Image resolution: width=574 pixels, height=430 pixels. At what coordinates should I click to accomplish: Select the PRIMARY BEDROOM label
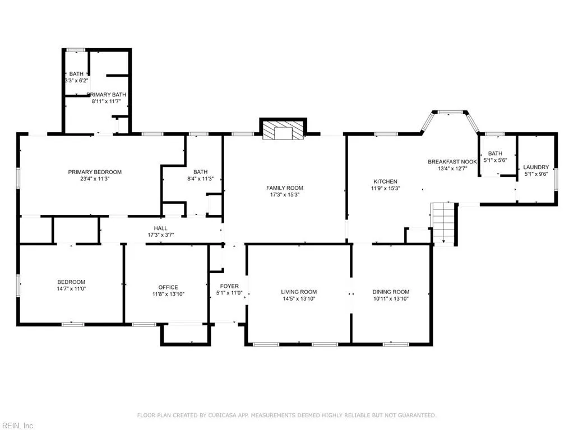pyautogui.click(x=95, y=172)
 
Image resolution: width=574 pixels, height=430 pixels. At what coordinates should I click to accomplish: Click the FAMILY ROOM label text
pyautogui.click(x=284, y=188)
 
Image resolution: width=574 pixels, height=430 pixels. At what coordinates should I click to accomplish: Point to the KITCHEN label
pyautogui.click(x=386, y=181)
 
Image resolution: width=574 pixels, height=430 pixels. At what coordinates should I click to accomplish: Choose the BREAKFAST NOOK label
pyautogui.click(x=452, y=162)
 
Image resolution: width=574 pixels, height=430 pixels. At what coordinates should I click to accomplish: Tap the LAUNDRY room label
pyautogui.click(x=536, y=167)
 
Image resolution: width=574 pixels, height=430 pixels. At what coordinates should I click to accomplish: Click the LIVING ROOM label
pyautogui.click(x=299, y=292)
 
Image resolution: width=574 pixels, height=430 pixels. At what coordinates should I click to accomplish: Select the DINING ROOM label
pyautogui.click(x=391, y=292)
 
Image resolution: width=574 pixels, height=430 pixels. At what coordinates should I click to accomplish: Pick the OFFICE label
pyautogui.click(x=168, y=287)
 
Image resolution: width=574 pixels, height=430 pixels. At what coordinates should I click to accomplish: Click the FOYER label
pyautogui.click(x=229, y=286)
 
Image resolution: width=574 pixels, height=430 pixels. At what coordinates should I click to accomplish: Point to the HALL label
pyautogui.click(x=161, y=228)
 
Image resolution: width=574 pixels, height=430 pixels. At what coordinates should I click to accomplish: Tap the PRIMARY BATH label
pyautogui.click(x=107, y=95)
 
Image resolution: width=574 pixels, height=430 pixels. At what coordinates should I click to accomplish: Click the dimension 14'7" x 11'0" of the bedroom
pyautogui.click(x=71, y=288)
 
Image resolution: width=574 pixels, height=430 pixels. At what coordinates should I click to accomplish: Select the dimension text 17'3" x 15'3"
pyautogui.click(x=284, y=194)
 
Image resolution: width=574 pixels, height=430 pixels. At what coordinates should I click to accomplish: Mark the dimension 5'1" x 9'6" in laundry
pyautogui.click(x=536, y=174)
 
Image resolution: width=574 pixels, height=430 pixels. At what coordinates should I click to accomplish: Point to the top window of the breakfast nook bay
pyautogui.click(x=449, y=113)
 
